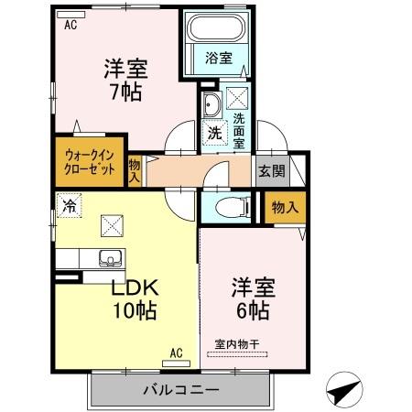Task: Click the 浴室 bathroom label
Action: coord(219,58)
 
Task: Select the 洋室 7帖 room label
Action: coord(125,80)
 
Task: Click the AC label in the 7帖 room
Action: coord(70,25)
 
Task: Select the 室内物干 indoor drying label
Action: coord(237,344)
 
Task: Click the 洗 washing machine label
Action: coord(213,132)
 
